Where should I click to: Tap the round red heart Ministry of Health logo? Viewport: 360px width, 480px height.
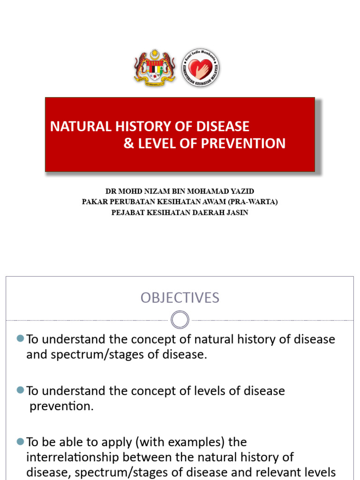(201, 67)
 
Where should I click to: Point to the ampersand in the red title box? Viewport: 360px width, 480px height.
(128, 143)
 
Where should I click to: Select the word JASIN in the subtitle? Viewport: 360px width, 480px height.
(237, 212)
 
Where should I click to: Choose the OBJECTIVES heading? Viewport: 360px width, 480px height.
(180, 298)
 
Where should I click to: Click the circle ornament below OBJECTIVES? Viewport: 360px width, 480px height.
(180, 320)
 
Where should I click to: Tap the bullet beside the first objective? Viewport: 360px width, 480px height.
(20, 338)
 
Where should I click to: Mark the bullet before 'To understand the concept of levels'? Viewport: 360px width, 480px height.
(20, 390)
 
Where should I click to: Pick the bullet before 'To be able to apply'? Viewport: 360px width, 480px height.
(20, 442)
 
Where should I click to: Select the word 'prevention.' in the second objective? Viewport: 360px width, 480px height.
(61, 406)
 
